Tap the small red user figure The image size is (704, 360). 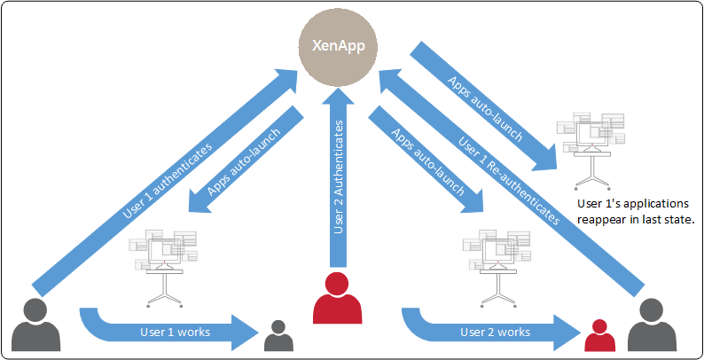600,337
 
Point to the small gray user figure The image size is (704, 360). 278,336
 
